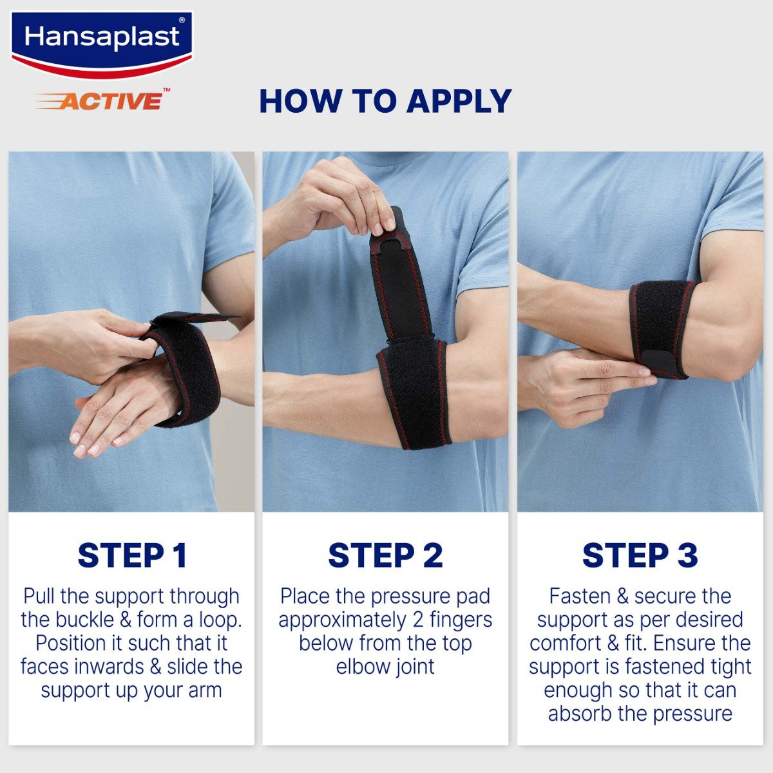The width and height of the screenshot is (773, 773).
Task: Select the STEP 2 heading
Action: tap(385, 555)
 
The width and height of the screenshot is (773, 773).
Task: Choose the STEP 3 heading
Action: tap(640, 555)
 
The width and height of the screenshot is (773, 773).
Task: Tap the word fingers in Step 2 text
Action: tap(458, 620)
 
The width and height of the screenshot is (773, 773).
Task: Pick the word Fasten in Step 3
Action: tap(580, 596)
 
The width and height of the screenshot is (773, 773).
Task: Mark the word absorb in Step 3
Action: tap(578, 714)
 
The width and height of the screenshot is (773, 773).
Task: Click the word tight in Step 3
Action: tap(729, 667)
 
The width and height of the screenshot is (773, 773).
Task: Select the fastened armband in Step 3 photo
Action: tap(660, 325)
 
